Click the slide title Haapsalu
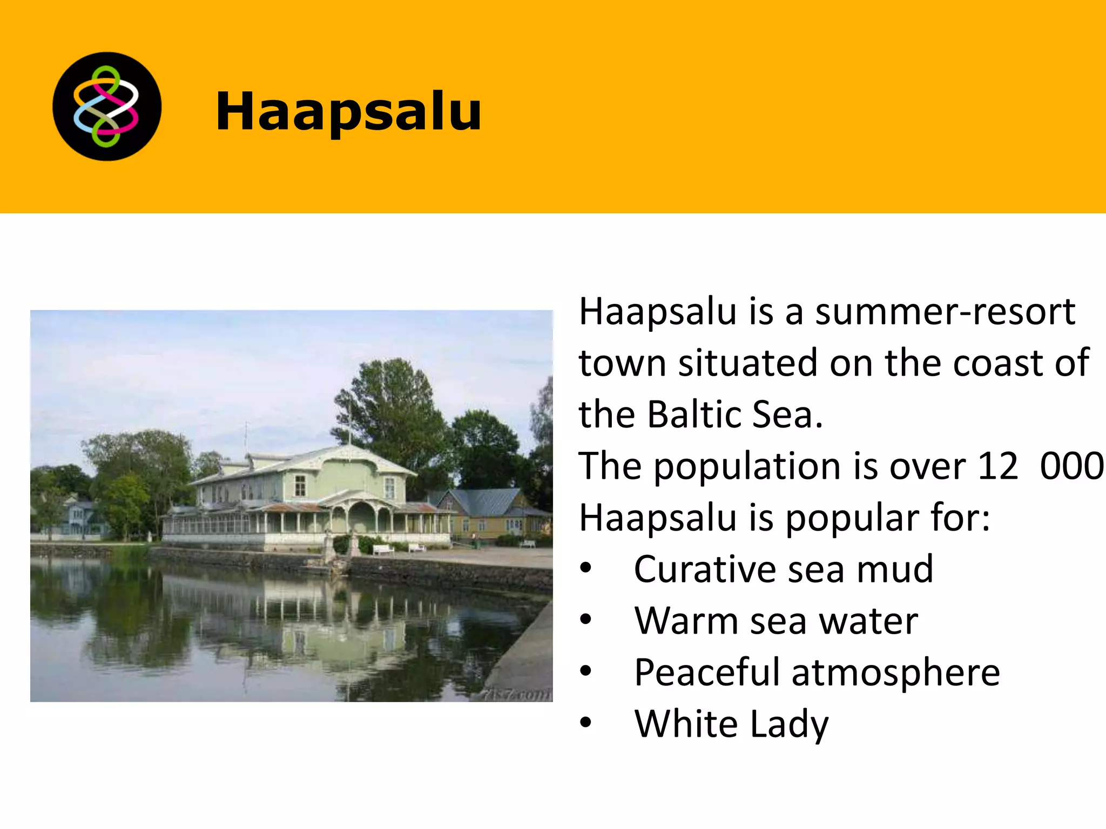coord(348,111)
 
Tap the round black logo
coord(107,106)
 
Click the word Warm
coord(684,621)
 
